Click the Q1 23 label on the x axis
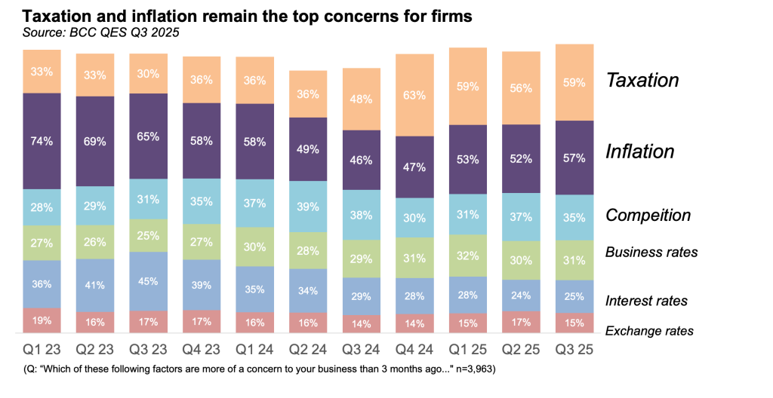click(x=42, y=351)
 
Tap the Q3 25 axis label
click(x=574, y=351)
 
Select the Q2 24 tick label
click(x=308, y=351)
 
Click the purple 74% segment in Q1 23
click(x=42, y=141)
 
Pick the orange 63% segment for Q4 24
click(x=414, y=95)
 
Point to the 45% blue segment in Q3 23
click(x=148, y=281)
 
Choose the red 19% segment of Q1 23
click(x=42, y=320)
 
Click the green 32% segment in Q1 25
click(x=468, y=256)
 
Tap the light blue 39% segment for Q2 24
click(x=308, y=207)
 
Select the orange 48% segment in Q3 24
click(x=362, y=99)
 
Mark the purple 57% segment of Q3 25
click(x=574, y=158)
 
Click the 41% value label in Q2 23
click(x=95, y=285)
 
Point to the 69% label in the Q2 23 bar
click(x=95, y=141)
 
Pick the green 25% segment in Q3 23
click(x=148, y=236)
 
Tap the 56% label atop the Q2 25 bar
click(x=521, y=87)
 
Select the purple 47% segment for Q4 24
click(x=414, y=167)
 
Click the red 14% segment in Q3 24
click(x=362, y=324)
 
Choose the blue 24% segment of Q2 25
click(x=521, y=295)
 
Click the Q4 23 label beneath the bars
click(x=202, y=351)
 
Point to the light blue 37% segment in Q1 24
click(x=255, y=203)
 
